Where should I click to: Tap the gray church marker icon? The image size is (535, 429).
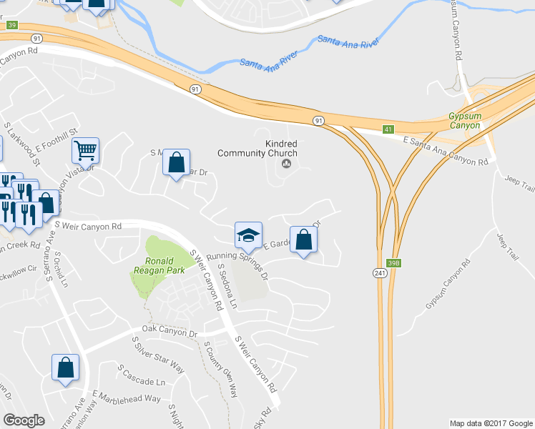coord(287,164)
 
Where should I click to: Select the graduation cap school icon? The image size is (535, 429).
coord(248,235)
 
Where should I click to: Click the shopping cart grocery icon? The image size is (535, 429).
coord(85,150)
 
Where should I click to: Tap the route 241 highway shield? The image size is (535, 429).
coord(379,273)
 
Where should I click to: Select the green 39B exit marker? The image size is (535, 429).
coord(394,262)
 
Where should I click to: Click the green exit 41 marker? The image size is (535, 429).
coord(388,129)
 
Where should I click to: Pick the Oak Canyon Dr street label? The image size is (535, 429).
coord(170,332)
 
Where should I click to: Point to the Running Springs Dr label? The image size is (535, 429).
coord(237,265)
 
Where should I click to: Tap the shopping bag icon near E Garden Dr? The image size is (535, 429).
coord(303,240)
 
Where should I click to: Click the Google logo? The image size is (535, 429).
coord(24,420)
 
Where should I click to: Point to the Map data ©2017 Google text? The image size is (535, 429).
coord(491,423)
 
